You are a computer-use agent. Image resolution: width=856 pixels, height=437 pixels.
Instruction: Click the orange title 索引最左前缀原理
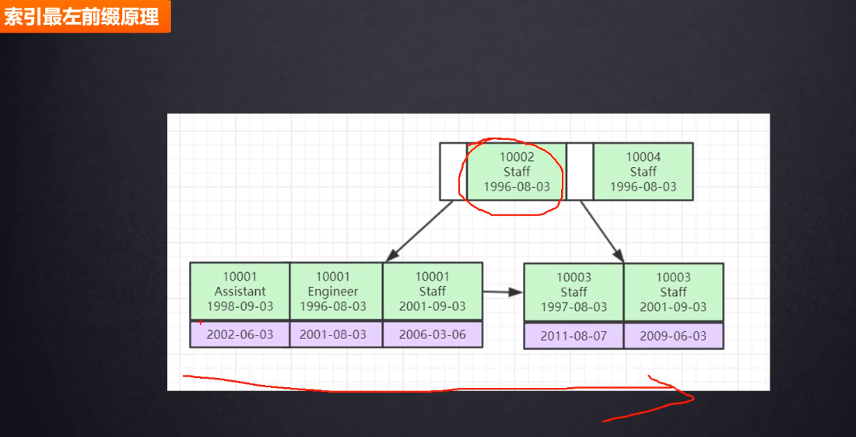[82, 17]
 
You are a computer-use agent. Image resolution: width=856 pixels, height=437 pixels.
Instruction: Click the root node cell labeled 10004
[643, 171]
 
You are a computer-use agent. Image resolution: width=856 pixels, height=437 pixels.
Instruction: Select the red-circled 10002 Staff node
[516, 171]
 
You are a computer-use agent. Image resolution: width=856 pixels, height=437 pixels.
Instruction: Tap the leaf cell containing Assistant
[240, 291]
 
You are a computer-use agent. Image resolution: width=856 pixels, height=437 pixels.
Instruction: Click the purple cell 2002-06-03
[240, 334]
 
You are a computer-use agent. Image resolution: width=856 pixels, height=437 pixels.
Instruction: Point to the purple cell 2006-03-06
[433, 334]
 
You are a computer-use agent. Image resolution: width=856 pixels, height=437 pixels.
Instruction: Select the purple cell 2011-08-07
[574, 336]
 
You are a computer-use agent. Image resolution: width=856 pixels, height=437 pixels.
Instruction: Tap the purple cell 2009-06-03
[673, 336]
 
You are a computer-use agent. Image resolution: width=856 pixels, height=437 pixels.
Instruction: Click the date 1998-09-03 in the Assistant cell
[240, 306]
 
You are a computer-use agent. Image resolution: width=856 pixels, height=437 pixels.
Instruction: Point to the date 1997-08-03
[574, 307]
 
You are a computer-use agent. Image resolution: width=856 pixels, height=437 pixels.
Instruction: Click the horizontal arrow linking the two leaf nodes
[503, 292]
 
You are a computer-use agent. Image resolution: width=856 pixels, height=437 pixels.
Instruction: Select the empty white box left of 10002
[453, 171]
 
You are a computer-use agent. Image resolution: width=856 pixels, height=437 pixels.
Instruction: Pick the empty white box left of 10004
[580, 171]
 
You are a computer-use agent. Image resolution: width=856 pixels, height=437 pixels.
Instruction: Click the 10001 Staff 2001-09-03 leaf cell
[433, 291]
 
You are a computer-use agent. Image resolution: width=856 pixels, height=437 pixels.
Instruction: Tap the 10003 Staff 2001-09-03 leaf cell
[673, 292]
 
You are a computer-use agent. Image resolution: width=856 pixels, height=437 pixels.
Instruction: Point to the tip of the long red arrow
[691, 399]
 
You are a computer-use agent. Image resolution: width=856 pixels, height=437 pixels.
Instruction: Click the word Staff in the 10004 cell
[643, 172]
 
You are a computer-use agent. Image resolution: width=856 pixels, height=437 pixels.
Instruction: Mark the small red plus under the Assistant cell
[201, 321]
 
